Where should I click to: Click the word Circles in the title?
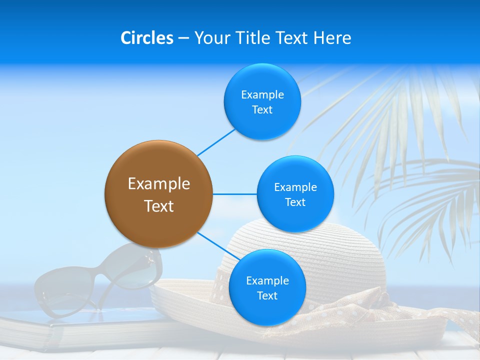(x=146, y=38)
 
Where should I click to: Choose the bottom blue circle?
(x=267, y=310)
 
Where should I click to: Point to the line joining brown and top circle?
(x=216, y=142)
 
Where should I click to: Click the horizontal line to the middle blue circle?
(x=234, y=193)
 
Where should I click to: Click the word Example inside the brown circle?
(x=159, y=183)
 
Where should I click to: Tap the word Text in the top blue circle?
(x=262, y=110)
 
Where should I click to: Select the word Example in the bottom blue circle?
(x=267, y=280)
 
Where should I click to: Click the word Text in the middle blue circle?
(x=295, y=202)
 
